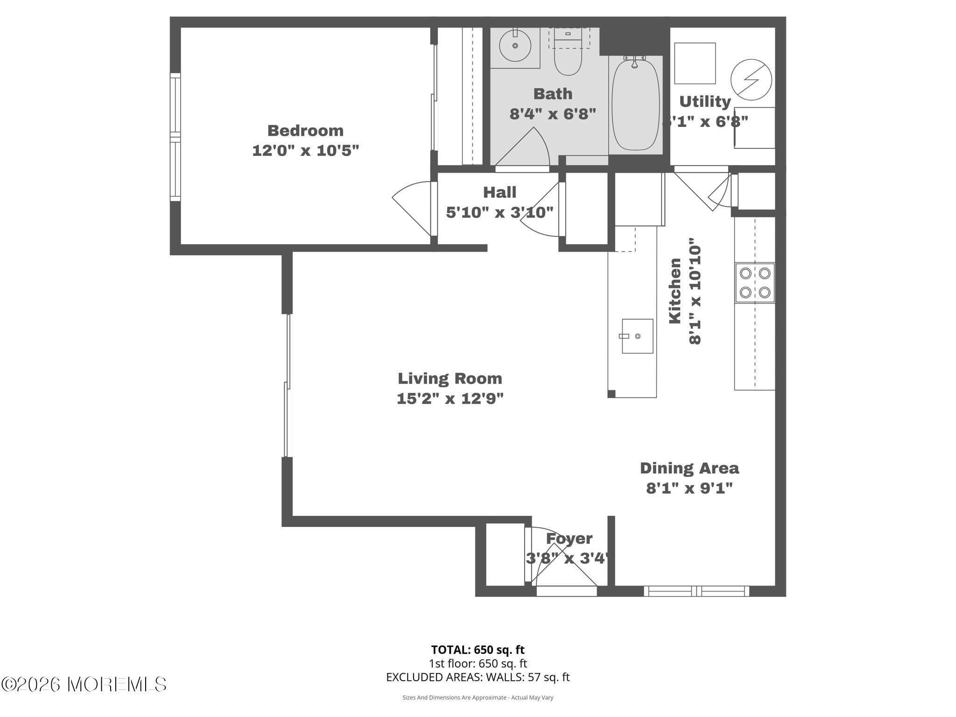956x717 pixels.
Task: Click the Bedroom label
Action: pyautogui.click(x=305, y=130)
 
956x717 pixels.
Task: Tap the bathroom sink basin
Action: pyautogui.click(x=515, y=46)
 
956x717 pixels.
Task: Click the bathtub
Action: pyautogui.click(x=635, y=105)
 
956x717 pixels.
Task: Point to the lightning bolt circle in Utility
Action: pyautogui.click(x=751, y=79)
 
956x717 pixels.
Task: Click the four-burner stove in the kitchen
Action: pyautogui.click(x=755, y=283)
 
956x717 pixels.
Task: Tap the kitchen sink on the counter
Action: pyautogui.click(x=637, y=336)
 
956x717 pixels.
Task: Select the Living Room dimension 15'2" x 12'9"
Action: pyautogui.click(x=450, y=399)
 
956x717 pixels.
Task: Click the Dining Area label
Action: pyautogui.click(x=689, y=468)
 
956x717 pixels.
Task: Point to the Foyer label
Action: pyautogui.click(x=569, y=538)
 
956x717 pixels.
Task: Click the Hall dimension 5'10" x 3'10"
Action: pyautogui.click(x=499, y=212)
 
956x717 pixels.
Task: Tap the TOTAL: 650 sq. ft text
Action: pyautogui.click(x=478, y=649)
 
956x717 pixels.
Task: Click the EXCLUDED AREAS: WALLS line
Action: pyautogui.click(x=478, y=677)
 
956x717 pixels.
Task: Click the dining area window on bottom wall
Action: pyautogui.click(x=696, y=591)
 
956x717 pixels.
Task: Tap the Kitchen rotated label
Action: pyautogui.click(x=675, y=291)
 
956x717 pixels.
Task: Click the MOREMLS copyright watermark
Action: pyautogui.click(x=84, y=684)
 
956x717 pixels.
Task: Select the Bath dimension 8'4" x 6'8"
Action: pyautogui.click(x=553, y=113)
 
